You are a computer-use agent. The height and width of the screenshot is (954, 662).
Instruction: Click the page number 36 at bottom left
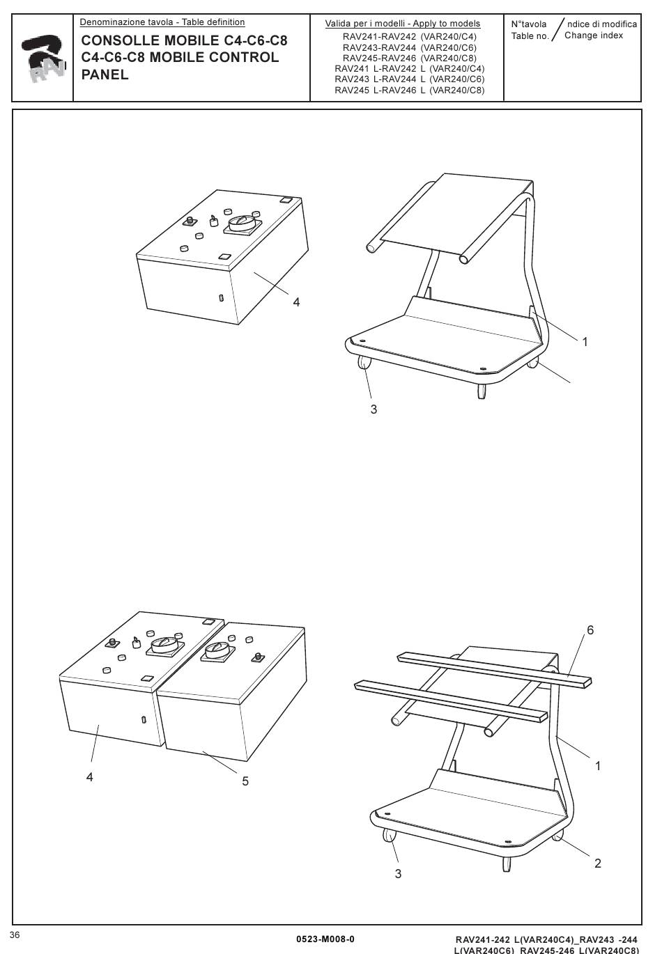coord(15,935)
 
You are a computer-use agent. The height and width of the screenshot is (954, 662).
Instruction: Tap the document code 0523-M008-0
coord(325,939)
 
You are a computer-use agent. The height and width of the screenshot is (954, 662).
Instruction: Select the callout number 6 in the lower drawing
coord(590,630)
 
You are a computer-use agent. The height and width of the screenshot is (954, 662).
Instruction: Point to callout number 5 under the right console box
coord(245,781)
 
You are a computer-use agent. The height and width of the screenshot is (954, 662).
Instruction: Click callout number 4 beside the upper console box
coord(296,302)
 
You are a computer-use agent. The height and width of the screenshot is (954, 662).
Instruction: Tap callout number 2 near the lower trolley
coord(598,863)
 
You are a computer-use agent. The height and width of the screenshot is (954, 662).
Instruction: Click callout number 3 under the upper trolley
coord(374,409)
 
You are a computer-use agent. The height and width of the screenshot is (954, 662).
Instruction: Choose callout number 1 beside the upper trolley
coord(585,342)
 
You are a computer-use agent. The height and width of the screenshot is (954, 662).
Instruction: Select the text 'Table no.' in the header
coord(530,36)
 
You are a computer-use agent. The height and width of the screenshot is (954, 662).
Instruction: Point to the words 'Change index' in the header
coord(594,36)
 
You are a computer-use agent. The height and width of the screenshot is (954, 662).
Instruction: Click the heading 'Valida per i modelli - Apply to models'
coord(403,24)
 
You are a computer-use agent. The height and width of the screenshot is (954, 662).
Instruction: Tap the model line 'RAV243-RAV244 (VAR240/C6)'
coord(410,47)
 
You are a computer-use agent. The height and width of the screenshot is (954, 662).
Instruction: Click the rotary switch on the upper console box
coord(243,224)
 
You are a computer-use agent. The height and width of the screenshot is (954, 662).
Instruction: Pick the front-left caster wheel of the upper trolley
coord(364,363)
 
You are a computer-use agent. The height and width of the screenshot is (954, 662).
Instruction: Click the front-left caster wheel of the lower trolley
coord(389,835)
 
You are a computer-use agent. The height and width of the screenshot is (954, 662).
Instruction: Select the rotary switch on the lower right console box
coord(217,651)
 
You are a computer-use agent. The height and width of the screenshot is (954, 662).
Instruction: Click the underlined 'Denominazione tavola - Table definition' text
coord(162,22)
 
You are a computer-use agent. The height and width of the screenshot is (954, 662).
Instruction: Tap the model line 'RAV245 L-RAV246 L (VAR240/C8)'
coord(410,90)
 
